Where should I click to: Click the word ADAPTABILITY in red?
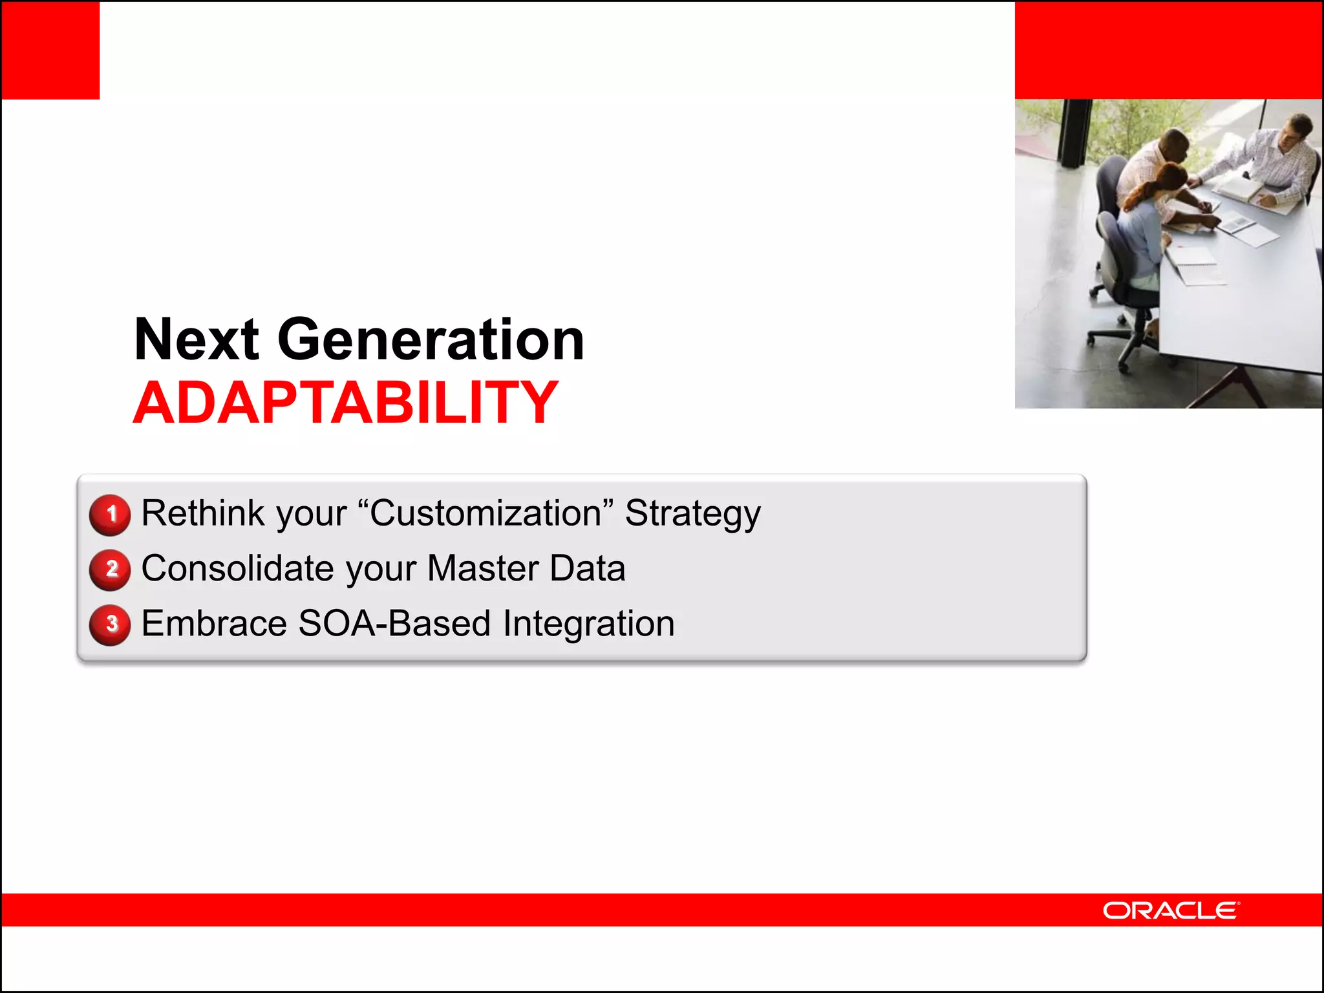pos(345,403)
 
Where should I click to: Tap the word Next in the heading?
pos(197,339)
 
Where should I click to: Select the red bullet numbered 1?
pos(111,515)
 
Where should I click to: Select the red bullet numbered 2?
pos(111,570)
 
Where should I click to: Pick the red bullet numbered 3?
pos(111,625)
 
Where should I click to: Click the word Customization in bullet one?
pos(485,513)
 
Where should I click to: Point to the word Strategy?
pos(692,515)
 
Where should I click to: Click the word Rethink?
pos(203,513)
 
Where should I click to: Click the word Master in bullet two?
pos(482,568)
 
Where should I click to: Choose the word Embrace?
pos(214,624)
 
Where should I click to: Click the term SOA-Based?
pos(394,624)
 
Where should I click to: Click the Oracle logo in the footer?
pos(1171,910)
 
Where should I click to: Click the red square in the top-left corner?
pos(50,50)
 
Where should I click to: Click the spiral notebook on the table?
pos(1193,255)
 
